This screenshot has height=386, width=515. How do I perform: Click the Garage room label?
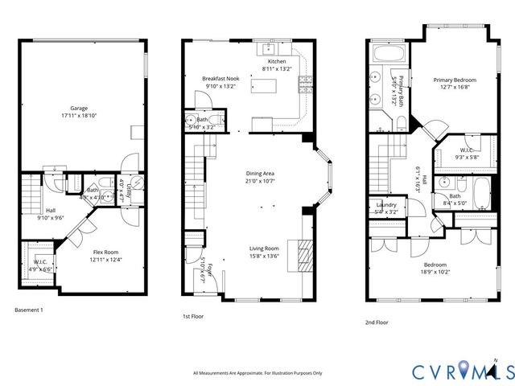pos(78,108)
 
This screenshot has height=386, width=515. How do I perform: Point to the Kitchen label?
pos(276,62)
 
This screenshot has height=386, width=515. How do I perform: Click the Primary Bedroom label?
pos(455,80)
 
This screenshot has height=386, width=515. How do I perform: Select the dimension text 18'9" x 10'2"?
pos(433,272)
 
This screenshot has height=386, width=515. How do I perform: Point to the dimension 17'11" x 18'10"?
pos(78,115)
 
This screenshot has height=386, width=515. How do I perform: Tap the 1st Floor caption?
pos(192,317)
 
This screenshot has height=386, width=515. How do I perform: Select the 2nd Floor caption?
pos(377,322)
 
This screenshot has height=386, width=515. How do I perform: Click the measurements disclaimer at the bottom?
pos(257,373)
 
